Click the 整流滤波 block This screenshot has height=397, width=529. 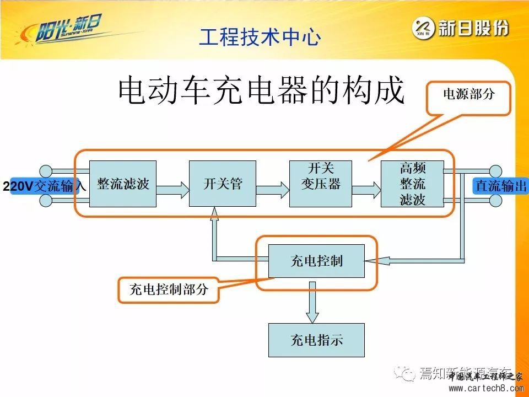point(123,184)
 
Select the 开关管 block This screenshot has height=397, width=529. point(223,184)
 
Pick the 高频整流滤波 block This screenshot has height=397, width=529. point(412,184)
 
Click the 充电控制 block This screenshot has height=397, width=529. point(316,261)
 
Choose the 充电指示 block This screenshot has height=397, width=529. point(316,340)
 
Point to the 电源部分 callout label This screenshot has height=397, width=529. point(469,94)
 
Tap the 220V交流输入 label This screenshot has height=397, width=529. point(44,186)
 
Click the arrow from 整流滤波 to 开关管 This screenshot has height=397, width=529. point(172,190)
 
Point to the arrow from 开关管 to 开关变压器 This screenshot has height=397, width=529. point(272,190)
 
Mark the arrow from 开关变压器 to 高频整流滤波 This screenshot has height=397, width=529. point(366,190)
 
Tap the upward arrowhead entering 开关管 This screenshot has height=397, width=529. point(214,214)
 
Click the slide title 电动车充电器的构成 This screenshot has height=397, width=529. point(262,91)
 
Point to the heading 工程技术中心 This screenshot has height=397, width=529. point(260,37)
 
